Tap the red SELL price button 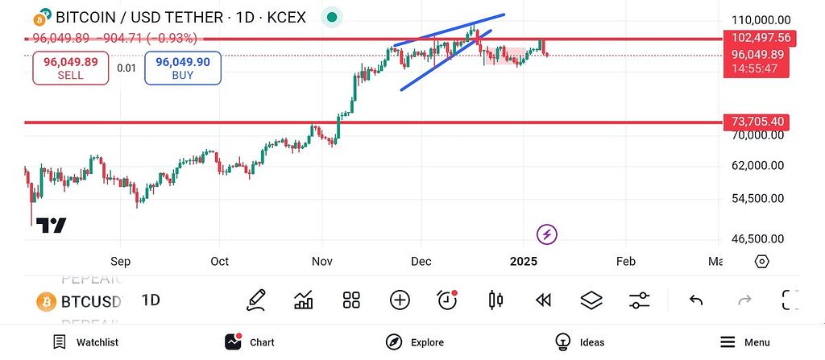pos(70,68)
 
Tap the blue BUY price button pos(183,68)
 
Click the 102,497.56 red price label pos(760,38)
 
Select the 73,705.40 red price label pos(757,122)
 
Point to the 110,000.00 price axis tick pos(761,20)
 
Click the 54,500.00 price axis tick pos(757,198)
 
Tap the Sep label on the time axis pos(120,261)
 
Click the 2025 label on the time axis pos(524,261)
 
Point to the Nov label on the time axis pos(322,261)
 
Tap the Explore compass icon pos(393,342)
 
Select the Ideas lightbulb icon pos(562,342)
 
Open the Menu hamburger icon pos(728,342)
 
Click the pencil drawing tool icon pos(256,300)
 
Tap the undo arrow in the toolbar pos(696,300)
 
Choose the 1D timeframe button pos(151,300)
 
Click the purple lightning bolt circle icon pos(547,234)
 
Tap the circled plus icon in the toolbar pos(400,300)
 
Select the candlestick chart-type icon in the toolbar pos(495,300)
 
